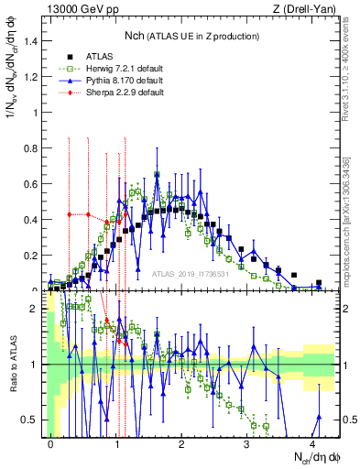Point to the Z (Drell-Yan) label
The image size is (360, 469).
point(309,8)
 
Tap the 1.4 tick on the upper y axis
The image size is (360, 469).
point(34,40)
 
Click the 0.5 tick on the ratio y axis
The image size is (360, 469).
point(35,420)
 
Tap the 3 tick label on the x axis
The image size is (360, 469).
point(247,443)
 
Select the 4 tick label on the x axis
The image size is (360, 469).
point(312,443)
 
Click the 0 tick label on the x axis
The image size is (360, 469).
point(51,443)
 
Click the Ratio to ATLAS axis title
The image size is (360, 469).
point(12,365)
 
